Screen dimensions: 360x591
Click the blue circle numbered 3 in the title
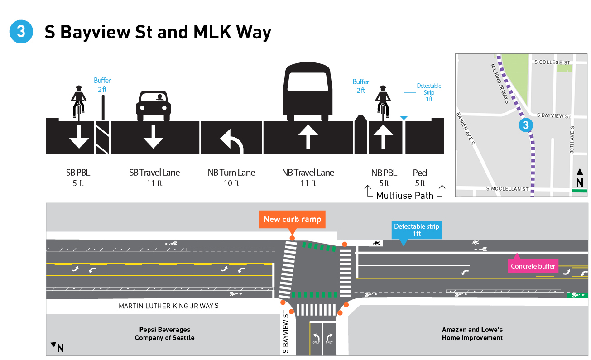21,32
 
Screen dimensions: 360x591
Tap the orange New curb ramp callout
292,220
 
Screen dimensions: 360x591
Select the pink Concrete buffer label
533,266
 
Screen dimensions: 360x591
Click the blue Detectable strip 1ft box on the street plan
416,230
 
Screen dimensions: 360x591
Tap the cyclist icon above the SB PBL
79,101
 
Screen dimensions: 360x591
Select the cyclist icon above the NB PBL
383,102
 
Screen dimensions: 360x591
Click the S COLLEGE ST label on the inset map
552,62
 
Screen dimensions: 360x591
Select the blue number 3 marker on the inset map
525,125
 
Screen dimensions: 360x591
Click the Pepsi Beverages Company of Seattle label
164,334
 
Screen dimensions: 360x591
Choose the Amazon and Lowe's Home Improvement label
472,334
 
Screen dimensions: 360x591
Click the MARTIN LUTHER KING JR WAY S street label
168,306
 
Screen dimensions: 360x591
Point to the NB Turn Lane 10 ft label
231,178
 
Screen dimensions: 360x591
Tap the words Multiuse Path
404,196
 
